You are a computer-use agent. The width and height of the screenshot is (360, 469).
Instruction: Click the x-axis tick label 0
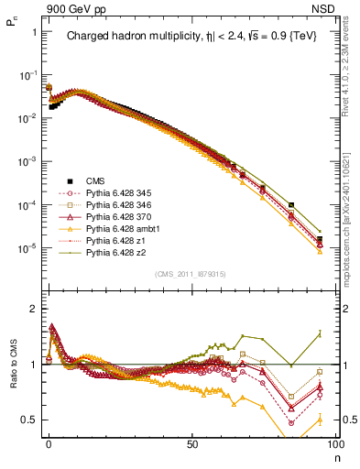(x=49, y=442)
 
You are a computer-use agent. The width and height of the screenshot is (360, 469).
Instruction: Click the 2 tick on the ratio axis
(x=33, y=309)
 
